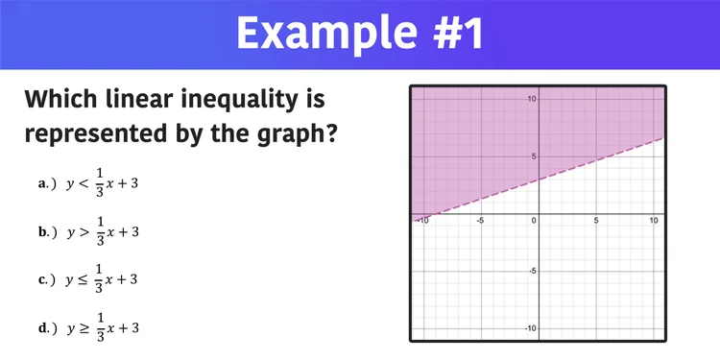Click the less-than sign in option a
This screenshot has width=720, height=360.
[84, 182]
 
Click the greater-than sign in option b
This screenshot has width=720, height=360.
[84, 231]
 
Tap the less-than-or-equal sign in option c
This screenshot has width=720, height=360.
[84, 279]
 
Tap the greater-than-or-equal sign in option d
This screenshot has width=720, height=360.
[84, 328]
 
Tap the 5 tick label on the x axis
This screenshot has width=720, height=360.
[596, 221]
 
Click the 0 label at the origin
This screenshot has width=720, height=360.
[533, 221]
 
